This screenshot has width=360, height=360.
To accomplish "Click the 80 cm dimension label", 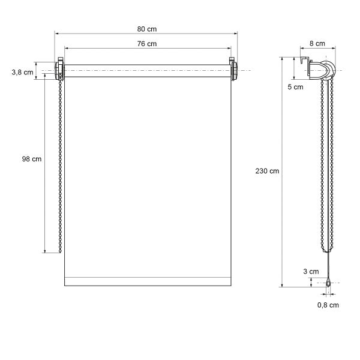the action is [147, 29].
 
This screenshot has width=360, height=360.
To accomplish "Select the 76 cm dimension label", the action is [147, 44].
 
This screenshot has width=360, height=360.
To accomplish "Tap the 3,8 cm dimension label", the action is [23, 73].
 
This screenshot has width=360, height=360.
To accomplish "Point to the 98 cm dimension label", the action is [32, 159].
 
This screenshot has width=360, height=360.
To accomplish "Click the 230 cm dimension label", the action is [267, 171].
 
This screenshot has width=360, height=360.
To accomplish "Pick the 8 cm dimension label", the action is [317, 43].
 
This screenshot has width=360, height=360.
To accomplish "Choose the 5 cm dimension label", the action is [295, 87].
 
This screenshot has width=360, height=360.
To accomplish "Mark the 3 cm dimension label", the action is [311, 271].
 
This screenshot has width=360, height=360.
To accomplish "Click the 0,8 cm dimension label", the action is [328, 305].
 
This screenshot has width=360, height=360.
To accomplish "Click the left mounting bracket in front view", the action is [59, 68].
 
